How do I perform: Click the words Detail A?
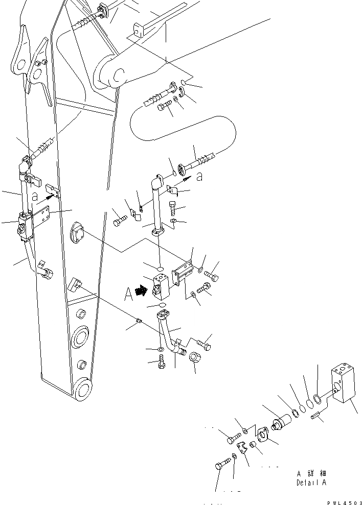[x=311, y=483]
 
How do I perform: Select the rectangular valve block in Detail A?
[x=344, y=384]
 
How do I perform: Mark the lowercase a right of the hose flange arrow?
[x=199, y=177]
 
